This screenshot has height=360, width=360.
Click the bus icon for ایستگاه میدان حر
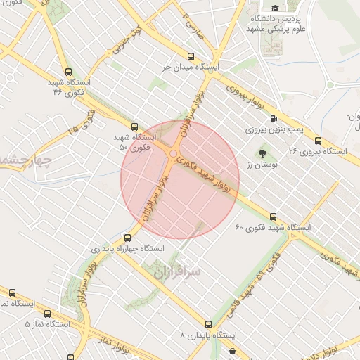point(191,56)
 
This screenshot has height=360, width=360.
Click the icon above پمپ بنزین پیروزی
point(273,119)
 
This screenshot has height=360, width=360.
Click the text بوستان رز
point(262,165)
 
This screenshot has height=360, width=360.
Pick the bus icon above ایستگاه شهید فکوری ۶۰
point(273,217)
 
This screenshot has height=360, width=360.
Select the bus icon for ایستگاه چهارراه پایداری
point(127,238)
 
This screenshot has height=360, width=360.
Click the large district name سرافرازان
point(175,270)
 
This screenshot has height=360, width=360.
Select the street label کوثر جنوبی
point(127,41)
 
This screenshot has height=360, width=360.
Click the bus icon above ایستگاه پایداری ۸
point(208,324)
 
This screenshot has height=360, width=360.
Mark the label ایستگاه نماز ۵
point(47,324)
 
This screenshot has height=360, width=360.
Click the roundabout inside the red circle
point(173,152)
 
